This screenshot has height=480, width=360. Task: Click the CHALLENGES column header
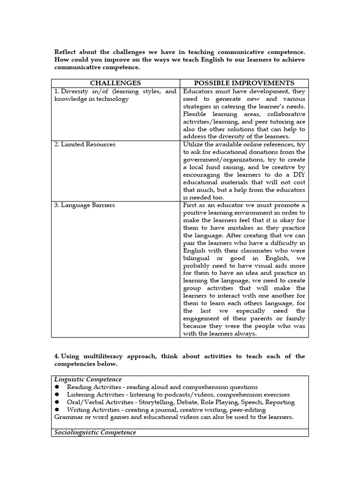click(x=115, y=83)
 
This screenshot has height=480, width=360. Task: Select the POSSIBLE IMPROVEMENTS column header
click(x=244, y=83)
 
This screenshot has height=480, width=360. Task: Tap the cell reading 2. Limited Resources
click(x=84, y=144)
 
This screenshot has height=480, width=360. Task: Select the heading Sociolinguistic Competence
click(x=96, y=432)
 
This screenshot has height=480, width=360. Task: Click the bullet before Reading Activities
click(x=57, y=387)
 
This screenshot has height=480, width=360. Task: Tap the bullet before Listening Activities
click(x=57, y=395)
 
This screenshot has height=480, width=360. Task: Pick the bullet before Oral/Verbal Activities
click(x=57, y=402)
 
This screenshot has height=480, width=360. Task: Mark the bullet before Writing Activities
click(x=57, y=410)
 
